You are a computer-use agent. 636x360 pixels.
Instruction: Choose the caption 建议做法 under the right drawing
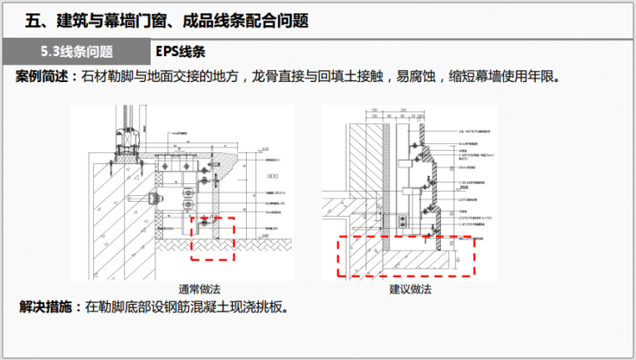[410, 290]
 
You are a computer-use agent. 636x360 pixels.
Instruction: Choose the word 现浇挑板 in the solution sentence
[264, 307]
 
